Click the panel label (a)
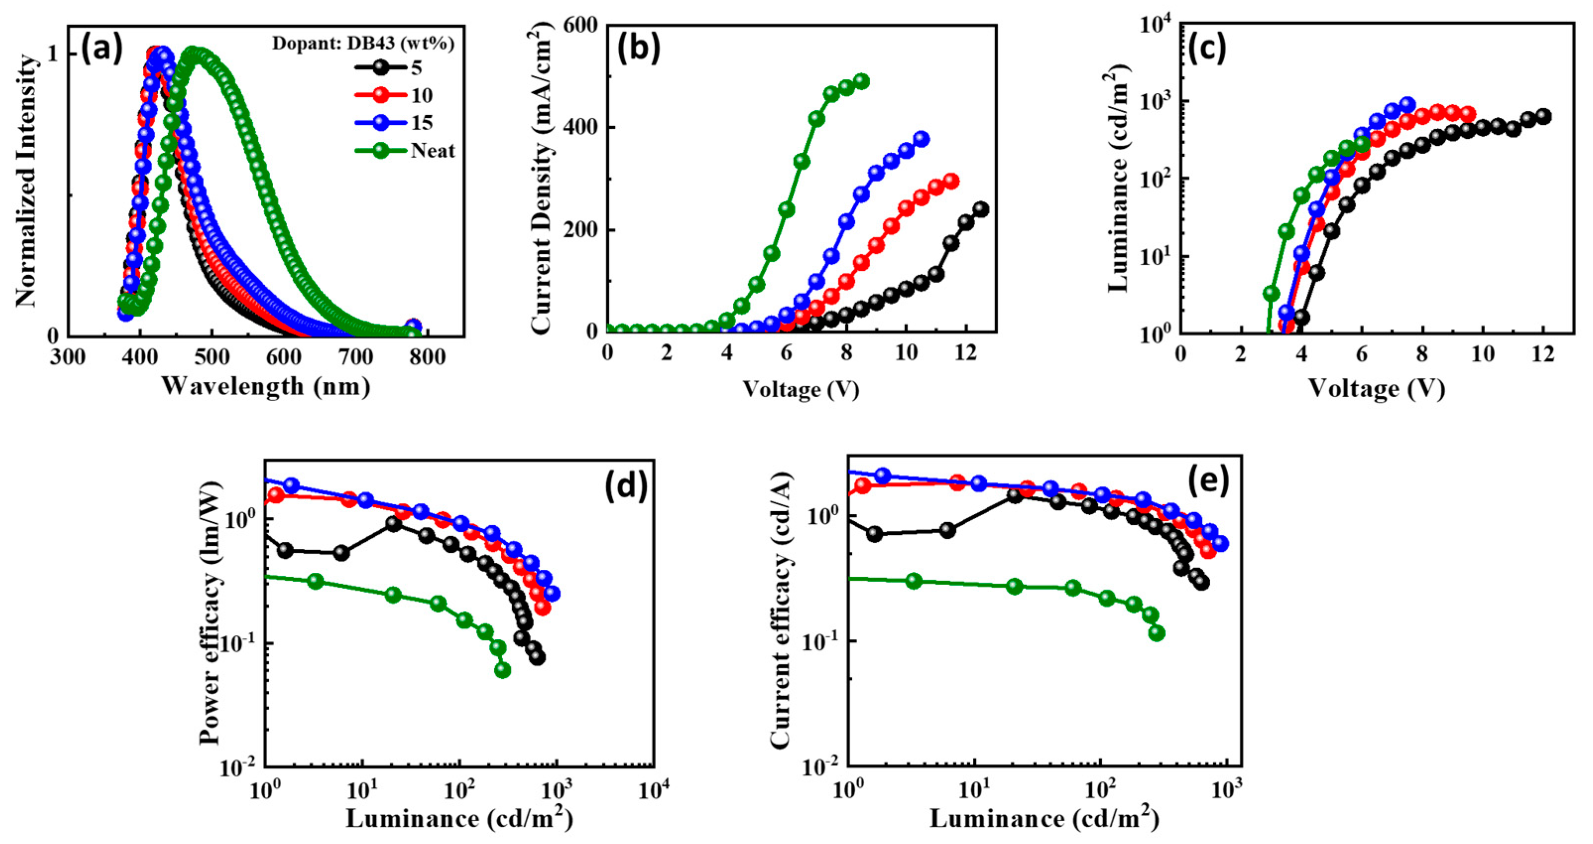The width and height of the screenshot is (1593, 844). [x=102, y=50]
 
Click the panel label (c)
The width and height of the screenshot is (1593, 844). [x=1206, y=50]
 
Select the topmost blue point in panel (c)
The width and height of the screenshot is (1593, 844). [x=1408, y=105]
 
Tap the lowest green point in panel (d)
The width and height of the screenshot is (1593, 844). [x=503, y=670]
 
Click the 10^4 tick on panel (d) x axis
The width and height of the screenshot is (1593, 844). [x=653, y=791]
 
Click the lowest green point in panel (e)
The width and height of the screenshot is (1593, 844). [x=1156, y=633]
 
